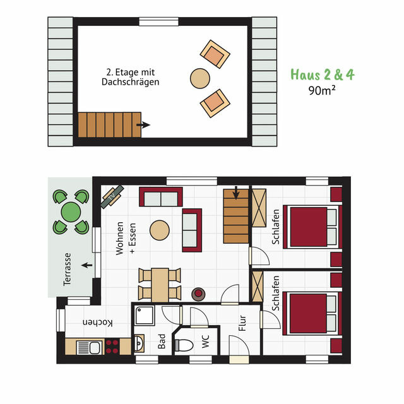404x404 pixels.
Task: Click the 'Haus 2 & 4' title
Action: click(322, 74)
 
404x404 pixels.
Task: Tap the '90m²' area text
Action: click(322, 90)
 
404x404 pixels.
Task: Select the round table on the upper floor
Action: click(200, 78)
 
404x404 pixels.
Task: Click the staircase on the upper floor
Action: click(104, 124)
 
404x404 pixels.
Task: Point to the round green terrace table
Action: click(71, 211)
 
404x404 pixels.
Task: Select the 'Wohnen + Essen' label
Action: click(125, 239)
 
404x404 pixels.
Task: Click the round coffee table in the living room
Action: click(159, 229)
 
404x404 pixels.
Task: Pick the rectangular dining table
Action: click(160, 284)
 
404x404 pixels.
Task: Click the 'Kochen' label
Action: click(98, 323)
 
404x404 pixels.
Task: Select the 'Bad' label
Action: click(162, 343)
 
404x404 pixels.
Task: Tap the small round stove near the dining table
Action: click(199, 294)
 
